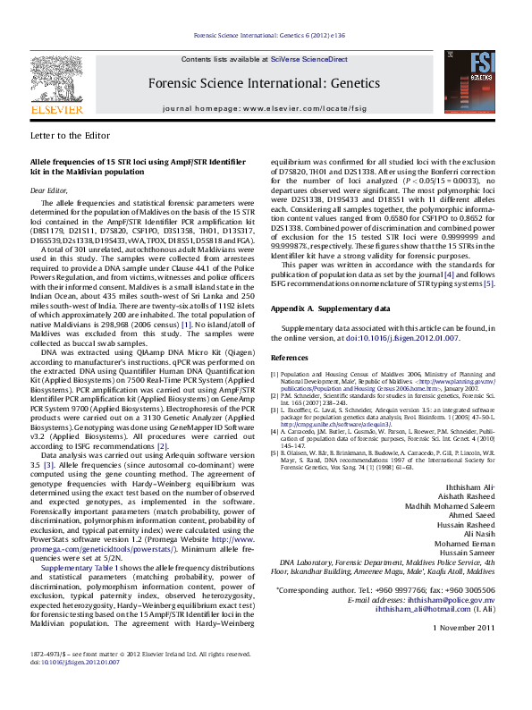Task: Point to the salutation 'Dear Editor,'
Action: point(49,190)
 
